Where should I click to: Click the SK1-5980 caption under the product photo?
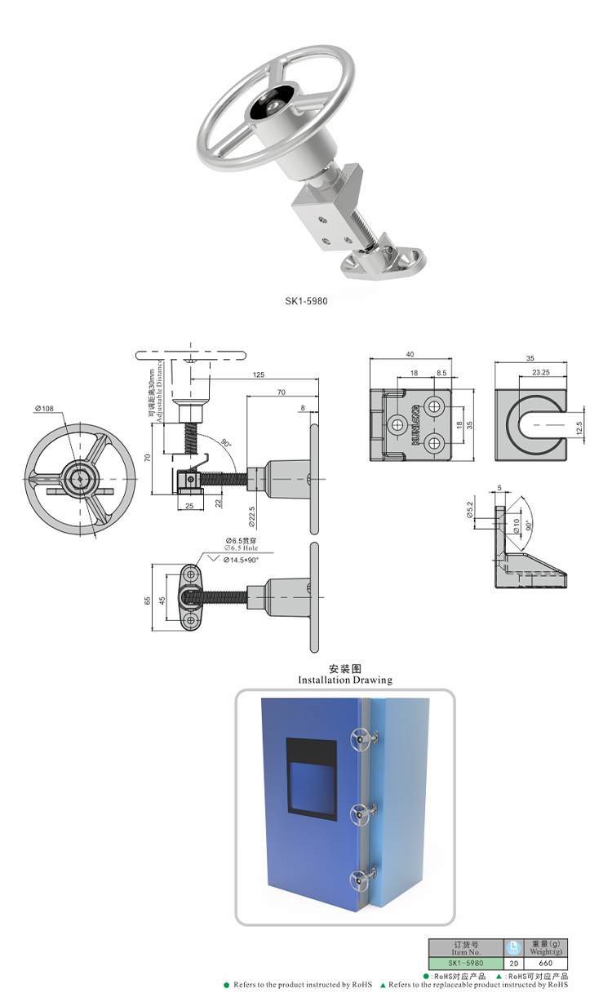306,301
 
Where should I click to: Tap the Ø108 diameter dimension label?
45,408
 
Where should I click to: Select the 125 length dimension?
259,375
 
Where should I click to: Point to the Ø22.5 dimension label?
251,517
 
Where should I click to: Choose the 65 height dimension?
148,601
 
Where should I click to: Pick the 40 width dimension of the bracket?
410,354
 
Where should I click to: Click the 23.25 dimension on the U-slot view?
539,372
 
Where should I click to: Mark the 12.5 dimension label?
579,428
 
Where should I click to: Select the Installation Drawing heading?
344,680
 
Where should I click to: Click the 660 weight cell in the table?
545,963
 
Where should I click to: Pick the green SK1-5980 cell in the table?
467,963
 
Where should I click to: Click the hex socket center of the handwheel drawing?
79,479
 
